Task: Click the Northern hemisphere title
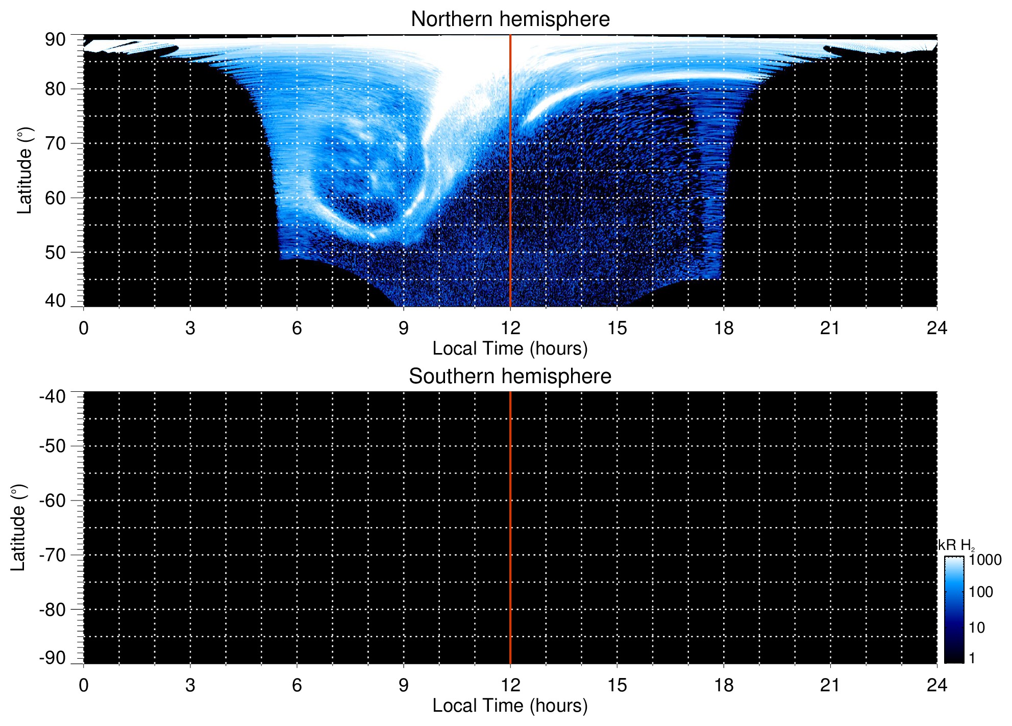[x=510, y=19]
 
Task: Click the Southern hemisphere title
[x=510, y=377]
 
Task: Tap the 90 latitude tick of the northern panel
[x=55, y=40]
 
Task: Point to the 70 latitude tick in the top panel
[x=55, y=143]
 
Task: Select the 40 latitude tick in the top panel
[x=55, y=301]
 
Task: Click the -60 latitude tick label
[x=53, y=500]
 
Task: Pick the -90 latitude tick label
[x=53, y=658]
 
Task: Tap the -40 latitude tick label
[x=53, y=396]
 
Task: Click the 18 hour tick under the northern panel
[x=724, y=328]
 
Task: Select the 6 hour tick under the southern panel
[x=297, y=685]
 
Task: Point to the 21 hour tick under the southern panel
[x=830, y=685]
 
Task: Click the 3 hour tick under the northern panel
[x=190, y=328]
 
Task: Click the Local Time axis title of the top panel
[x=510, y=348]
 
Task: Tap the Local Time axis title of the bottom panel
[x=510, y=706]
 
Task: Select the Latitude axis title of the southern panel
[x=18, y=528]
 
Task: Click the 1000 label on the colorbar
[x=985, y=560]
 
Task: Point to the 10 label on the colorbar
[x=977, y=628]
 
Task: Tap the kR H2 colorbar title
[x=956, y=545]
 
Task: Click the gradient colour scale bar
[x=954, y=610]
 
